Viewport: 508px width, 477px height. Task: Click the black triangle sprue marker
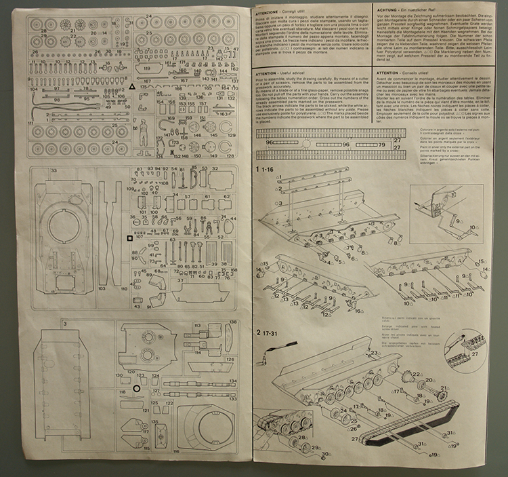tap(131, 88)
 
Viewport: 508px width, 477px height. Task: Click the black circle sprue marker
tap(137, 389)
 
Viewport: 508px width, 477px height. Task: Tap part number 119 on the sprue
tap(146, 68)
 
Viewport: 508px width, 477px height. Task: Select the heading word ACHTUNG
tap(387, 11)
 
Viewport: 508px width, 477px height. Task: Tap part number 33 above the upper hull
tap(53, 170)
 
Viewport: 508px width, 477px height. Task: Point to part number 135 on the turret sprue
tap(154, 421)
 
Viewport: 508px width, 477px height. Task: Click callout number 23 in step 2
tap(373, 353)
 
